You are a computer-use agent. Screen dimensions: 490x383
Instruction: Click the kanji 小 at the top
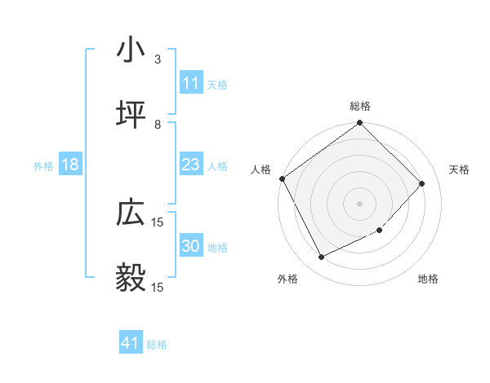(131, 51)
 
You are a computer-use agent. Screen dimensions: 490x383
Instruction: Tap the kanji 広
(131, 214)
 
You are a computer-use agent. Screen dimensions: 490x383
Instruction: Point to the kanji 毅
(131, 277)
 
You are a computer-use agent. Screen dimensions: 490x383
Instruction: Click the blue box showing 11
(190, 83)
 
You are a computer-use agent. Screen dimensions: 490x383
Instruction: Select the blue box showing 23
(190, 165)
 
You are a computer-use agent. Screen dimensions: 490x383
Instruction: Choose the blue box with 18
(70, 165)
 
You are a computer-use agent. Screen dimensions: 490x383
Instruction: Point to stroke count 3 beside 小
(157, 59)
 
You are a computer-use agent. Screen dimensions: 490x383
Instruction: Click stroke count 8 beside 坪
(157, 125)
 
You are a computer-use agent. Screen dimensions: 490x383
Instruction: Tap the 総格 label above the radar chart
(360, 106)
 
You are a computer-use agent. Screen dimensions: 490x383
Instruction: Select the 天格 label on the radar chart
(459, 169)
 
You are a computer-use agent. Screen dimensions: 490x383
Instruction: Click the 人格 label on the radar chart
(261, 169)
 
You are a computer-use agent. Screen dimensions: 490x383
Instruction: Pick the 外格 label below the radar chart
(287, 279)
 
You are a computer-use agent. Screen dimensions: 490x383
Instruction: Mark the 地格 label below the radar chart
(428, 279)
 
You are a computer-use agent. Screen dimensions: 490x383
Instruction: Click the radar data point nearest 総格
(360, 124)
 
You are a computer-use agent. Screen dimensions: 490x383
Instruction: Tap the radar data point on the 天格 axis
(422, 183)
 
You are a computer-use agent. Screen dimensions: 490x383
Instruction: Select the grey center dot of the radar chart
(360, 203)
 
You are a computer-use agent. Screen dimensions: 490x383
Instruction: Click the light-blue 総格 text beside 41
(157, 345)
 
